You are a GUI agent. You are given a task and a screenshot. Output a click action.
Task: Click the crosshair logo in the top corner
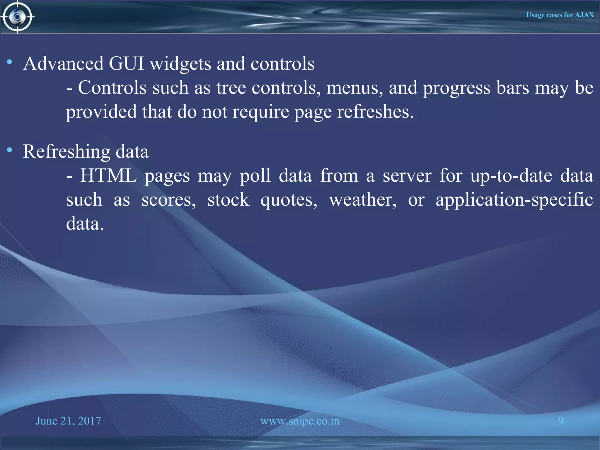coord(17,17)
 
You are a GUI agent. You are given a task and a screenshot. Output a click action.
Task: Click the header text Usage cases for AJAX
coord(560,15)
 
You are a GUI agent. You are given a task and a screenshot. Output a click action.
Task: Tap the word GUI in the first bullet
coord(126,63)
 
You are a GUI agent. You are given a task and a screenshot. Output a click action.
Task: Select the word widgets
coord(180,64)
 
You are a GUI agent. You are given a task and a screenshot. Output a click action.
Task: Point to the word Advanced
coord(63,63)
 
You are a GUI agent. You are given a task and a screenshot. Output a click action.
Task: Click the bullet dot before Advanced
coord(10,62)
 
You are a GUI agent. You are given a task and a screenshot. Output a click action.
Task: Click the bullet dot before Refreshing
coord(10,150)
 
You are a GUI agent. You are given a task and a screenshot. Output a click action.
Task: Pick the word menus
coord(354,88)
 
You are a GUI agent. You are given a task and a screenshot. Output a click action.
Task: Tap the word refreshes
coord(375,112)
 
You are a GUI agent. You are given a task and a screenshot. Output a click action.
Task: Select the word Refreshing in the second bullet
coord(67,152)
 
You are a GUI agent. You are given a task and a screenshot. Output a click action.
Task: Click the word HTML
coord(108,175)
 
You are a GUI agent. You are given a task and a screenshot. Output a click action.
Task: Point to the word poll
coord(255,176)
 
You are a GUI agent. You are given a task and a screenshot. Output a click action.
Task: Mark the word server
coord(407,176)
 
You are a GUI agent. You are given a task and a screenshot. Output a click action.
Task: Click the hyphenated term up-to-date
coord(511,176)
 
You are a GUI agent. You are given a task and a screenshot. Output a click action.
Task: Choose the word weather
coord(363,200)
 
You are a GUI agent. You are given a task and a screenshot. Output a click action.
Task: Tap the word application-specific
coord(514,200)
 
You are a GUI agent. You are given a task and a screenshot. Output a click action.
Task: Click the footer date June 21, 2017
coord(69,421)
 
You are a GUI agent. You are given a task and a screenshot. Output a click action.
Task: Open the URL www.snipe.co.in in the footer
coord(300,421)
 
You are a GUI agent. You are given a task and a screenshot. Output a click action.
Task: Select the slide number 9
coord(561,420)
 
